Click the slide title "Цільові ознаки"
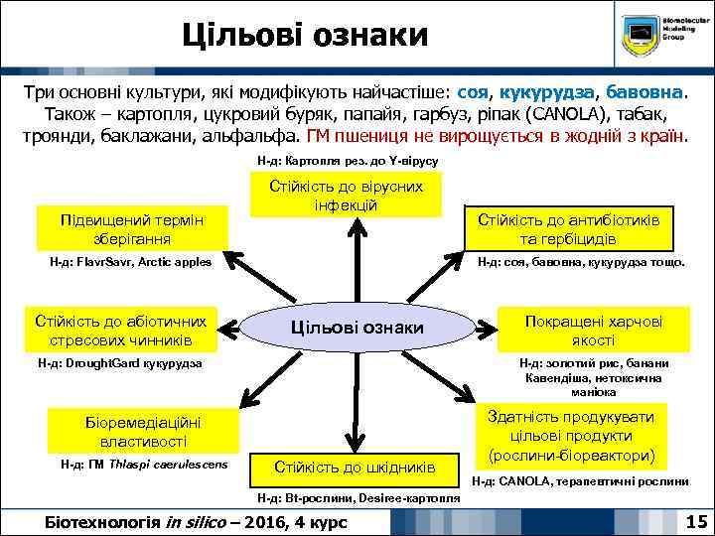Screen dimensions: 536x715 pos(305,37)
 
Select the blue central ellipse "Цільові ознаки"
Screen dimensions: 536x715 pos(357,328)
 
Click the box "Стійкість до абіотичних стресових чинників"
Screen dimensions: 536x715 pos(120,331)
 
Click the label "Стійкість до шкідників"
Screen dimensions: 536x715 pos(354,465)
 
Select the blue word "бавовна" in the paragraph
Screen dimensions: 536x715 pos(643,92)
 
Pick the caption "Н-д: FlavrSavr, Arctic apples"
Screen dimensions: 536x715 pos(130,262)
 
